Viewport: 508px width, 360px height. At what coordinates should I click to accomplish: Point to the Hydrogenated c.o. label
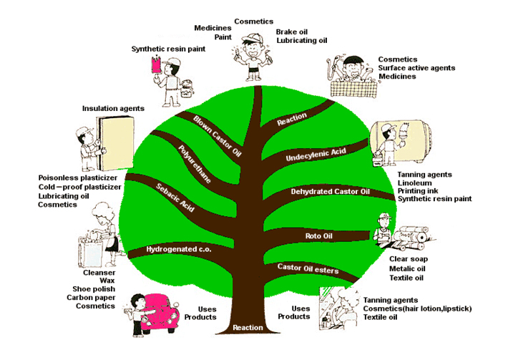(x=170, y=249)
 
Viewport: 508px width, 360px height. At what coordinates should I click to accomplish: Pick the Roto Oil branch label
(x=315, y=235)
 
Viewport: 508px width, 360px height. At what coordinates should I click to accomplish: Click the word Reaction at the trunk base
(x=248, y=328)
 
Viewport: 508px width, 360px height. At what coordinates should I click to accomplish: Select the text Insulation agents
(x=113, y=108)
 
